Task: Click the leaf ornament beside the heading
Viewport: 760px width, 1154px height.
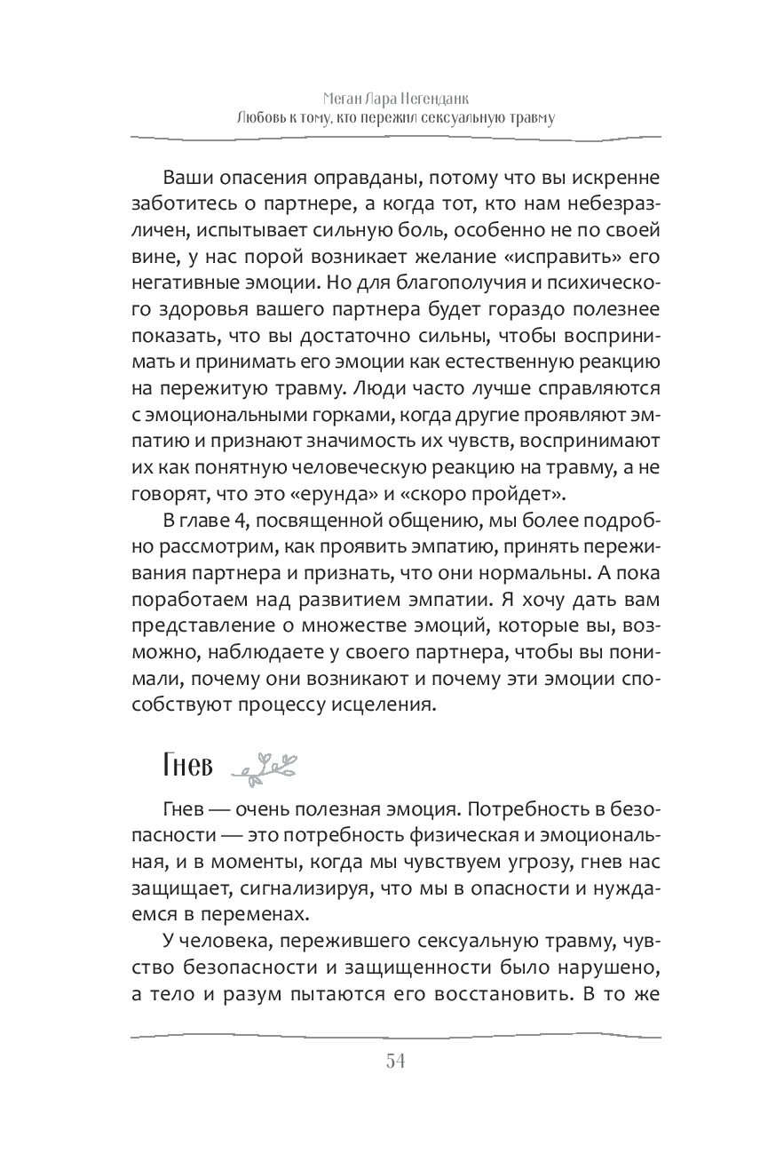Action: [263, 766]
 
